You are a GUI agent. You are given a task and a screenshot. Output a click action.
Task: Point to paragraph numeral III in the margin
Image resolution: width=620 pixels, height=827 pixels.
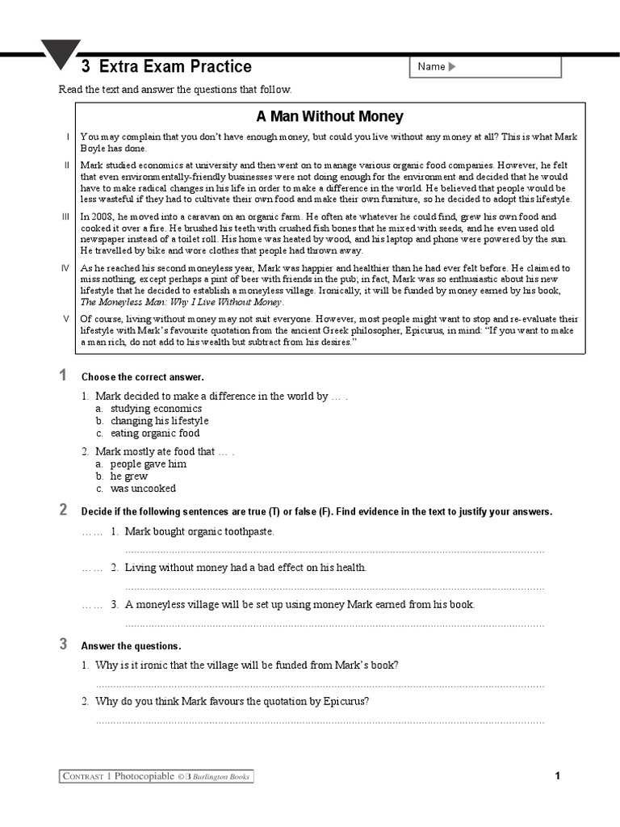coord(66,217)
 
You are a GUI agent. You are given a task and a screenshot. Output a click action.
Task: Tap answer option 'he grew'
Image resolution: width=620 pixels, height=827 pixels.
coord(129,476)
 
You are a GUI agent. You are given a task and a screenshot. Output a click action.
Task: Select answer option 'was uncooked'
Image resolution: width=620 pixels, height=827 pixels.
coord(143,489)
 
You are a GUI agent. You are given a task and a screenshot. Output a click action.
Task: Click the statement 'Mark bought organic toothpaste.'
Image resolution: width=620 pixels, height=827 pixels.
coord(199,531)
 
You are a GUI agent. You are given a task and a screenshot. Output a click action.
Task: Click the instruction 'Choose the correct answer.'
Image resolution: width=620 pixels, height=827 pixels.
coord(143,377)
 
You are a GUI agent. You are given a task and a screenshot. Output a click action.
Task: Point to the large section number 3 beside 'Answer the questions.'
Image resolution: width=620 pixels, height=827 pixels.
coord(63,644)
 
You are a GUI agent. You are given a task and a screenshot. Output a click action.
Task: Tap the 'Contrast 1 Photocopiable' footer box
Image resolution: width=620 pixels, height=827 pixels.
coord(157,777)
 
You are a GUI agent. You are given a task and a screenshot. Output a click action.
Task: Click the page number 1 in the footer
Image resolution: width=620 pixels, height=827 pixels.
coord(557,777)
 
